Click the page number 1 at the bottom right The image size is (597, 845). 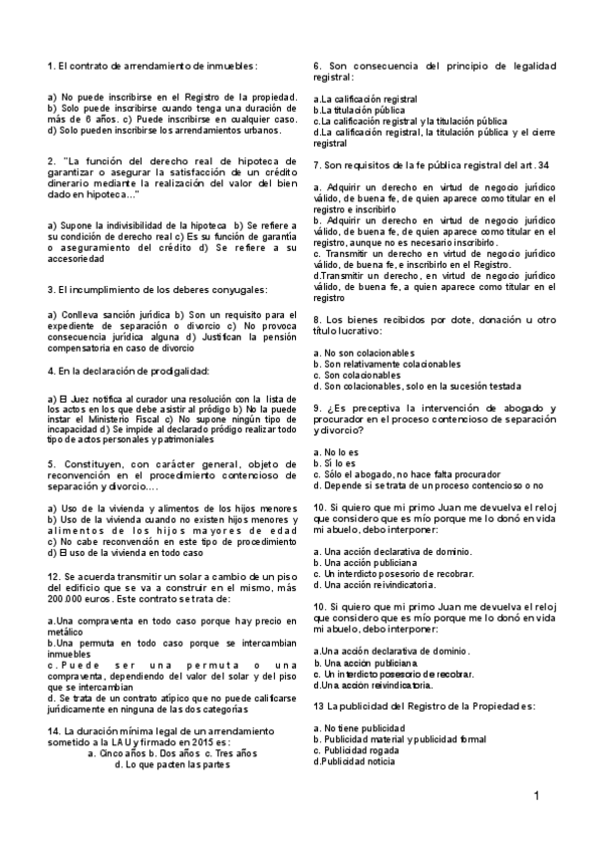coord(536,795)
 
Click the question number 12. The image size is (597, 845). coord(54,577)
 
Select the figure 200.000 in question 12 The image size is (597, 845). coord(66,598)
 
